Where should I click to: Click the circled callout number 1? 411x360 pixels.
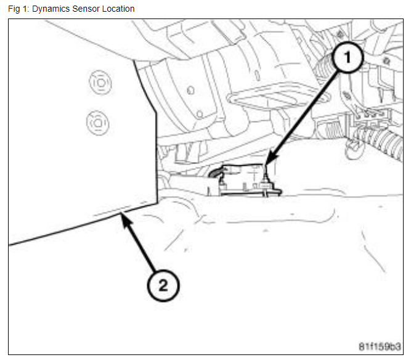pos(347,59)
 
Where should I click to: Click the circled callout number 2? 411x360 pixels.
pos(162,285)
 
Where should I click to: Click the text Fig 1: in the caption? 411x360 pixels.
pos(18,9)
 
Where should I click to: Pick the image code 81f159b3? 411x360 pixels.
pos(380,345)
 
